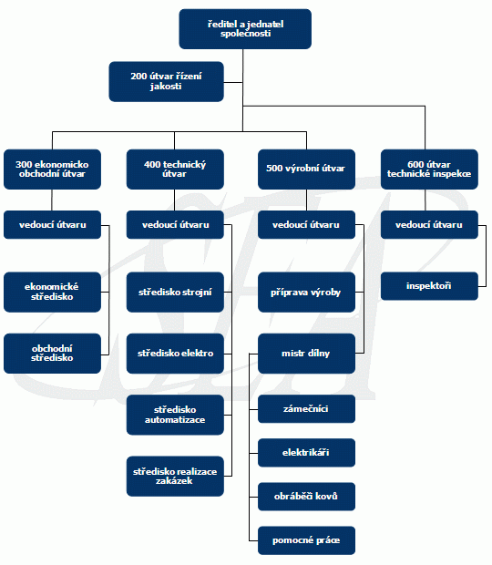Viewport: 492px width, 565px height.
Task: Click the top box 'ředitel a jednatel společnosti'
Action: pos(245,29)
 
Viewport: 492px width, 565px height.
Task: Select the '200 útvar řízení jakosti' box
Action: pos(166,81)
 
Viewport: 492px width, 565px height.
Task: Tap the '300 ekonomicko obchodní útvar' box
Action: pos(52,169)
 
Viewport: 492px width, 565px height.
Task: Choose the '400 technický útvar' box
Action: pos(175,169)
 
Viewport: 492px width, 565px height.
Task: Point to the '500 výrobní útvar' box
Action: pos(306,169)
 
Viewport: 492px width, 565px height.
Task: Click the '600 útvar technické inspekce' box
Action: pos(429,169)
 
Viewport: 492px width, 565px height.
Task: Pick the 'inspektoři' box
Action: pos(429,286)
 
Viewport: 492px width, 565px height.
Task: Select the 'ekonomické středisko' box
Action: pos(52,292)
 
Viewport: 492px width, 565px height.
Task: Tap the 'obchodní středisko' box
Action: pos(52,354)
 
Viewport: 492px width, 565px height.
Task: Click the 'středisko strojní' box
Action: pos(175,292)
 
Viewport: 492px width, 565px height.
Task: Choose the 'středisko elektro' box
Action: pos(175,354)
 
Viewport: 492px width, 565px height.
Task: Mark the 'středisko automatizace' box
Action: pos(175,415)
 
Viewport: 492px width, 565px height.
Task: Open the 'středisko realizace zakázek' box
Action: pos(175,476)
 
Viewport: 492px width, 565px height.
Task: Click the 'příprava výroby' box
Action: pos(306,292)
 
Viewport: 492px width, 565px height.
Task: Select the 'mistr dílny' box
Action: pos(306,354)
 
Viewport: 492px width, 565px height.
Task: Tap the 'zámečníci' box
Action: pos(306,408)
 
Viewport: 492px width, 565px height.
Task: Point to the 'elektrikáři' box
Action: pos(306,453)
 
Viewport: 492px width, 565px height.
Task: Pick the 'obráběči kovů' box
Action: pos(306,497)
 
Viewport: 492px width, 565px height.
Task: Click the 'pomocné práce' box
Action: pos(306,540)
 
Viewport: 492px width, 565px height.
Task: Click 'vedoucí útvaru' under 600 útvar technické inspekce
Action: pos(429,224)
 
